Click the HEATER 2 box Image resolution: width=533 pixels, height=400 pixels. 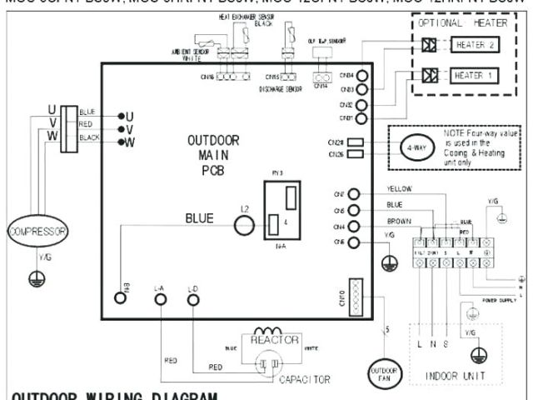[474, 45]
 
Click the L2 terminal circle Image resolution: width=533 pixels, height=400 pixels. [244, 223]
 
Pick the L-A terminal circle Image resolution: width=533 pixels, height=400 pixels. [160, 298]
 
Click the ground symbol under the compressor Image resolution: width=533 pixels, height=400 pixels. [37, 280]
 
